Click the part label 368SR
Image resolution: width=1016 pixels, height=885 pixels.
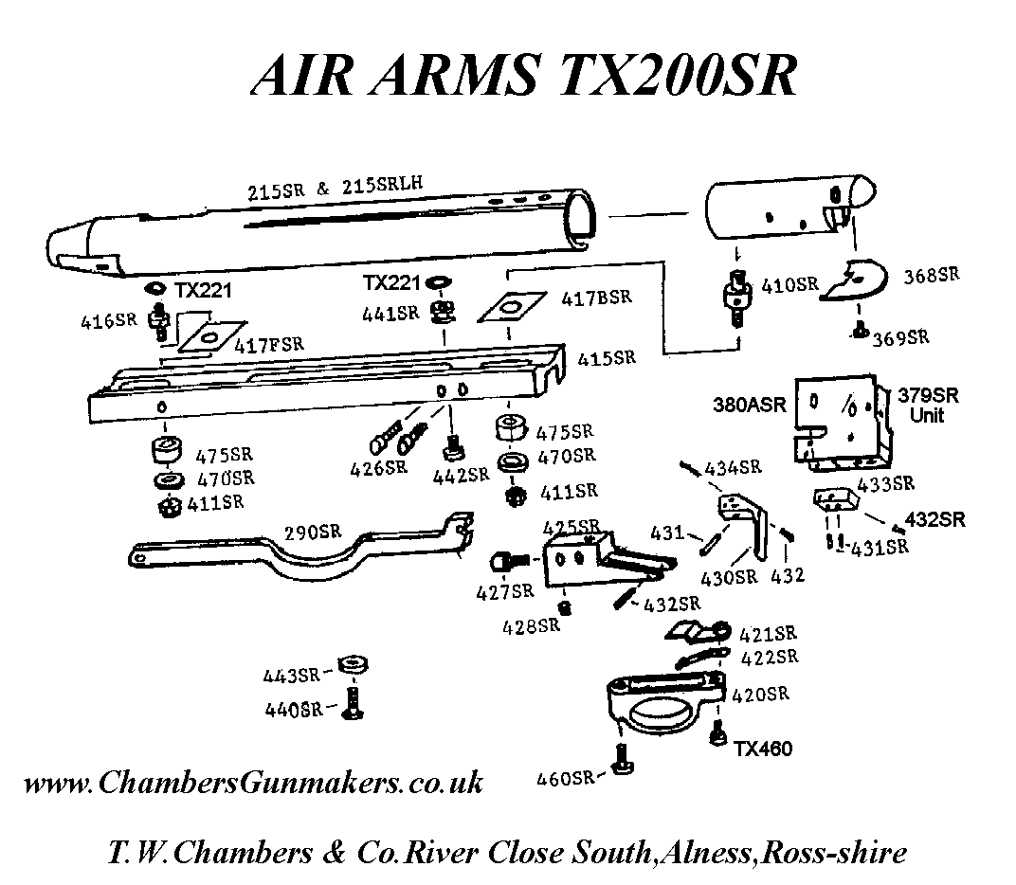pyautogui.click(x=931, y=276)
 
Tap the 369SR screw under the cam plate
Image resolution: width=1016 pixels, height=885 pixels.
pyautogui.click(x=859, y=330)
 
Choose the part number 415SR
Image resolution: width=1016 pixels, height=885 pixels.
pyautogui.click(x=607, y=358)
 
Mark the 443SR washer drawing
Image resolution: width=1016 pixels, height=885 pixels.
pyautogui.click(x=352, y=663)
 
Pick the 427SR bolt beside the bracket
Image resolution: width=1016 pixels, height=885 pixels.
pyautogui.click(x=506, y=563)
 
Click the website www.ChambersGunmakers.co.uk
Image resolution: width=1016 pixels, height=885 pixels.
pyautogui.click(x=253, y=783)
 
